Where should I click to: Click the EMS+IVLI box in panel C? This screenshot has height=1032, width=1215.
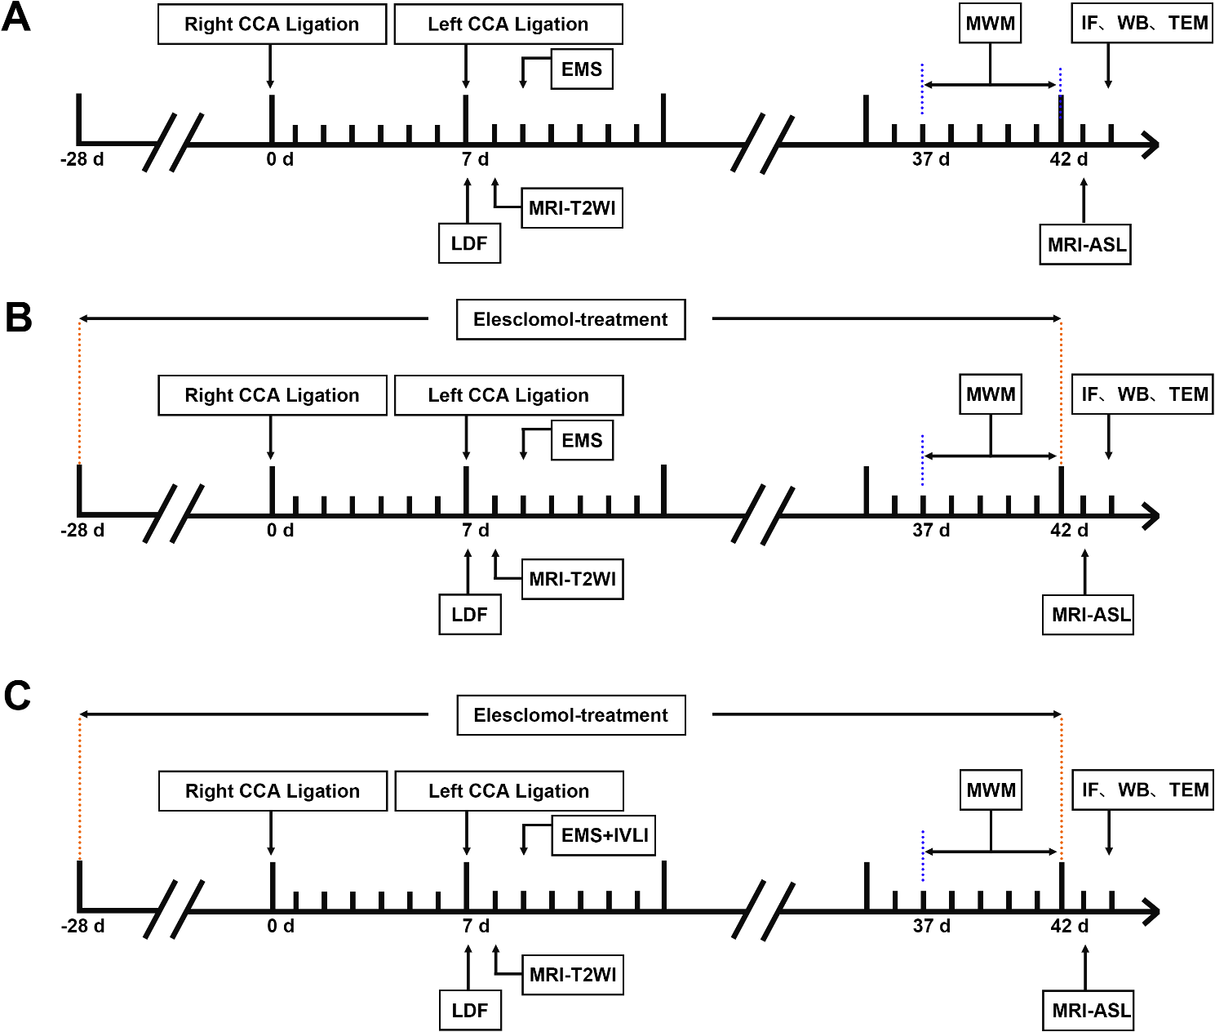coord(603,835)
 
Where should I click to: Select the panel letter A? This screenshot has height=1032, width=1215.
coord(16,18)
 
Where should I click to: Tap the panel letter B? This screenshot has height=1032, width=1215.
coord(18,317)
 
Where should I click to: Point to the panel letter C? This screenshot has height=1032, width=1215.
coord(17,696)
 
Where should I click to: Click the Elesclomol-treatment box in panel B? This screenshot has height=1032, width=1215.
coord(570,319)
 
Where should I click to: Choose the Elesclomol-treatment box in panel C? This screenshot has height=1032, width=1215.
coord(570,715)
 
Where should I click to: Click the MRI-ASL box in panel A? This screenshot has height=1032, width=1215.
coord(1086,245)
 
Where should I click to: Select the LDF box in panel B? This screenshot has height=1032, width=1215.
coord(469,615)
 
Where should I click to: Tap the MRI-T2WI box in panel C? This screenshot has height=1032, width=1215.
coord(572,975)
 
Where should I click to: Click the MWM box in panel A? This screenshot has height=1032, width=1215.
coord(990,24)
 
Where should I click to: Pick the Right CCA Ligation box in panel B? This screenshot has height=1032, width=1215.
coord(272,395)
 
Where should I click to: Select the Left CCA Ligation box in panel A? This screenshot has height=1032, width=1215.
coord(508,24)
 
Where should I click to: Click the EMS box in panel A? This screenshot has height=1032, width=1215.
coord(581,69)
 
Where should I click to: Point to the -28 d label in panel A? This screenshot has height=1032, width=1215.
coord(82,159)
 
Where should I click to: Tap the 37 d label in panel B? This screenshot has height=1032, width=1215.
coord(930,531)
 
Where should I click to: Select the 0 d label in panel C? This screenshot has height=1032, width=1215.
coord(281,927)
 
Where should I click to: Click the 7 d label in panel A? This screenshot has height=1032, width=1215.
coord(475,159)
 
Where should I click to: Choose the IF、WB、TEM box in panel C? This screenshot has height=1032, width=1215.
coord(1142,790)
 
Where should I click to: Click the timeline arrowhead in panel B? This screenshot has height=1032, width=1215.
coord(1151,516)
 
